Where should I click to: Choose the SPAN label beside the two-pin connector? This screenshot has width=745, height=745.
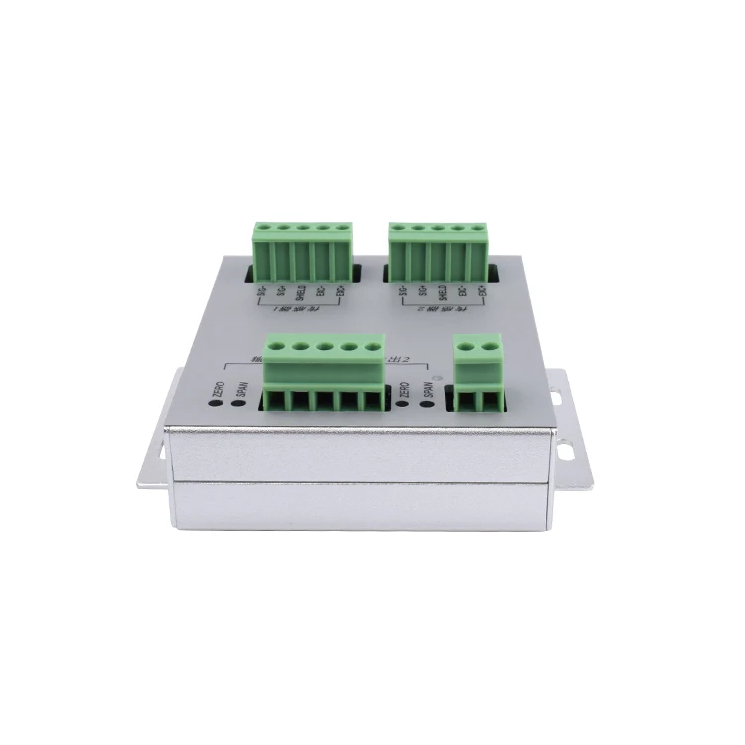coord(429,388)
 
